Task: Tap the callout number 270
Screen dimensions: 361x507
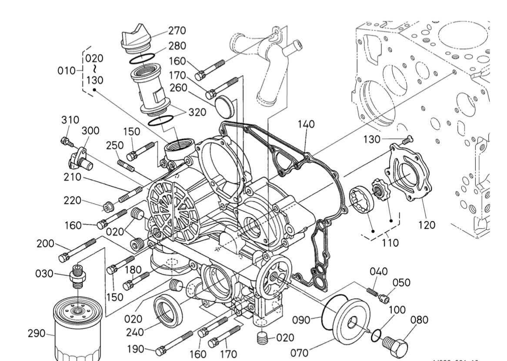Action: click(177, 30)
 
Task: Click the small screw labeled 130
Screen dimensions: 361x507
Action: click(407, 140)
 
